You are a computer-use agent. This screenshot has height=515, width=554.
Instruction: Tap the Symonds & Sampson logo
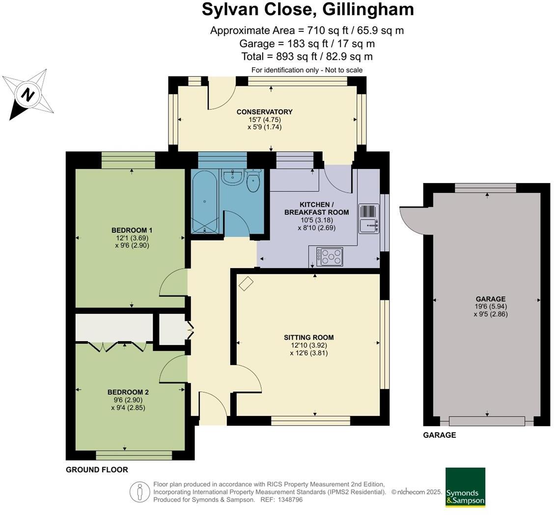pyautogui.click(x=465, y=487)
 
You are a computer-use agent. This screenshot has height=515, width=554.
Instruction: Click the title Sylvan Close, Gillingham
pyautogui.click(x=307, y=10)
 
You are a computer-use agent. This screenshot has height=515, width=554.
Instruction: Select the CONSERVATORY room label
pyautogui.click(x=264, y=112)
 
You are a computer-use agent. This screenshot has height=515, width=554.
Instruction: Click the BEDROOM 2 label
pyautogui.click(x=128, y=392)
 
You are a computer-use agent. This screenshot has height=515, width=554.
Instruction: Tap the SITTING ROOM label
pyautogui.click(x=308, y=337)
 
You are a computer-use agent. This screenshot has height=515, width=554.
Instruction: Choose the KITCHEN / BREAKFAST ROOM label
pyautogui.click(x=316, y=208)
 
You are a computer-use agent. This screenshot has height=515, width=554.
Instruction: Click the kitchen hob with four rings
pyautogui.click(x=330, y=256)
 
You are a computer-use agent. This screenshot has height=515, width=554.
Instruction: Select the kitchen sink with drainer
pyautogui.click(x=368, y=218)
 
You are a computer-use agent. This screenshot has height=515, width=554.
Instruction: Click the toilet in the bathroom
pyautogui.click(x=252, y=181)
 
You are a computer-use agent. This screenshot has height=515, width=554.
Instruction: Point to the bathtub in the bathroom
pyautogui.click(x=204, y=201)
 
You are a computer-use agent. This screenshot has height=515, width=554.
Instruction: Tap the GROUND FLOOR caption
pyautogui.click(x=97, y=470)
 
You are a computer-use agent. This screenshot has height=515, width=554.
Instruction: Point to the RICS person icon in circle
pyautogui.click(x=139, y=492)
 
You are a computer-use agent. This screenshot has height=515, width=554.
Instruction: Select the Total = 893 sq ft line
pyautogui.click(x=307, y=56)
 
